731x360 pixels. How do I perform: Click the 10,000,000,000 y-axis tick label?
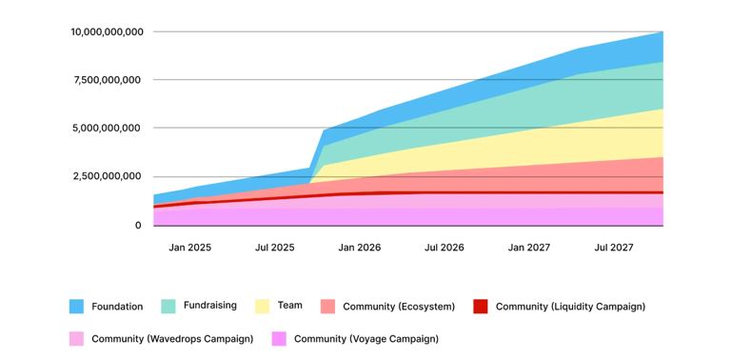pyautogui.click(x=107, y=31)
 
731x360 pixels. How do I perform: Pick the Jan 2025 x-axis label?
pyautogui.click(x=190, y=248)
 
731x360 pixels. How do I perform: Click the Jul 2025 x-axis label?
pyautogui.click(x=275, y=248)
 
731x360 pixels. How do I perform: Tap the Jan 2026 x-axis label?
pyautogui.click(x=360, y=248)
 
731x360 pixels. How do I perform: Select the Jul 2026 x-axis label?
pyautogui.click(x=445, y=248)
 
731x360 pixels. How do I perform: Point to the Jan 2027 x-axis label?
pyautogui.click(x=529, y=248)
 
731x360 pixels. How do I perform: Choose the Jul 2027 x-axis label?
pyautogui.click(x=614, y=248)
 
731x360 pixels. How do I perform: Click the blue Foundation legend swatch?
pyautogui.click(x=76, y=307)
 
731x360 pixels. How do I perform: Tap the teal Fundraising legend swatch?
pyautogui.click(x=168, y=307)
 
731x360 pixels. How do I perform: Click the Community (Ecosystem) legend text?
pyautogui.click(x=399, y=307)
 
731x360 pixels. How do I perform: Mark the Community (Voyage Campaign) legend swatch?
pyautogui.click(x=279, y=338)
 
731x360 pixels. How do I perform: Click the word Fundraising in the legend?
pyautogui.click(x=209, y=306)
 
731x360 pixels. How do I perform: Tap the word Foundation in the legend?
pyautogui.click(x=117, y=307)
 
